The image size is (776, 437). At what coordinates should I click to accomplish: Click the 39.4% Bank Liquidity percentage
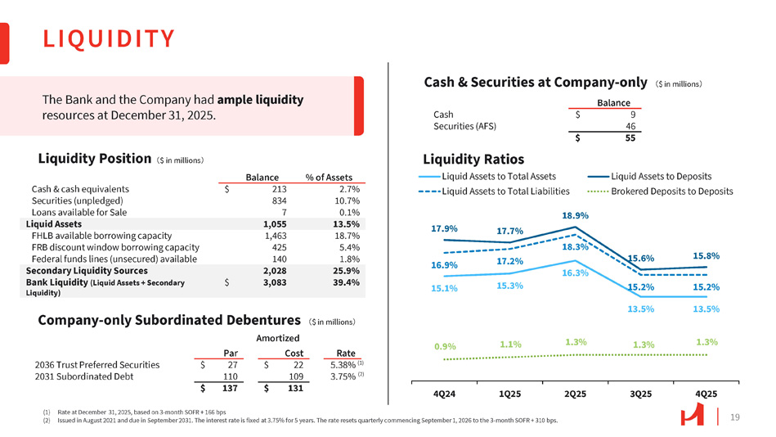click(347, 282)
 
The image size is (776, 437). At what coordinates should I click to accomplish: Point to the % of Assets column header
click(328, 177)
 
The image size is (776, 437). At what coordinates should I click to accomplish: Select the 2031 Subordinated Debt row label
click(83, 377)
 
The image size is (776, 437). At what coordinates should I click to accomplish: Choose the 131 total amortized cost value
click(296, 392)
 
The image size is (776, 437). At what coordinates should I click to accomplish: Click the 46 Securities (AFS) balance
click(630, 126)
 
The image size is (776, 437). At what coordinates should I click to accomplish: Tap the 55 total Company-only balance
click(630, 138)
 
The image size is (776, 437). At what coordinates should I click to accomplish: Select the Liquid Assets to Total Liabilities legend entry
click(505, 191)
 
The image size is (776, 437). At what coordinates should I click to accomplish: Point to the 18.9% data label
click(576, 215)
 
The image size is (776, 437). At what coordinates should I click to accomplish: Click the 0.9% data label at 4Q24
click(445, 346)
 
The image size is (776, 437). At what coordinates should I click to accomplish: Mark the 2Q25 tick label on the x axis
click(576, 394)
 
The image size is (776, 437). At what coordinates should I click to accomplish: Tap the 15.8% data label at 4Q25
click(706, 255)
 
